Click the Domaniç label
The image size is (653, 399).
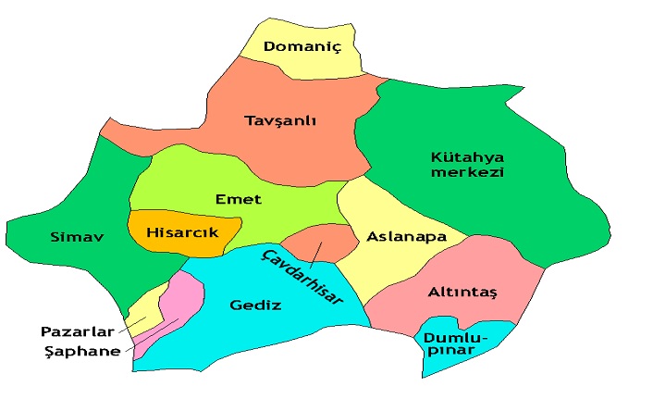302,46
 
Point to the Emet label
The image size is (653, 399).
238,199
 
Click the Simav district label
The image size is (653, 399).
76,237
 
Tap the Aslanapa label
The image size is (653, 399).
406,236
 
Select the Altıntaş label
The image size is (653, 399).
462,293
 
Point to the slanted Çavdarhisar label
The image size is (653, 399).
303,276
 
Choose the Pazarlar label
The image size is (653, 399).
77,330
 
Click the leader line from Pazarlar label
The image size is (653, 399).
132,323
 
